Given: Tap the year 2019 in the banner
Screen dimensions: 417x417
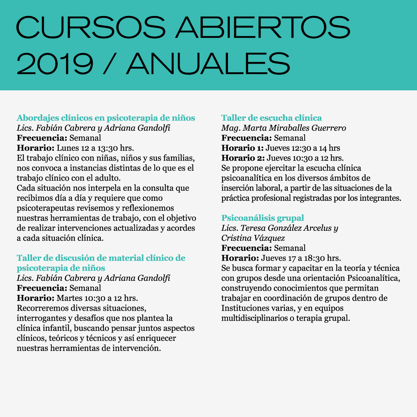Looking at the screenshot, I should pyautogui.click(x=55, y=64).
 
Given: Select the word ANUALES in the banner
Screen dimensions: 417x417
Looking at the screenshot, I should pyautogui.click(x=208, y=64).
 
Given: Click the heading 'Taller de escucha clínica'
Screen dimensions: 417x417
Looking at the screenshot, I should pyautogui.click(x=271, y=118).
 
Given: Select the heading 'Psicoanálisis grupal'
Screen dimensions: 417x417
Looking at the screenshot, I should pyautogui.click(x=262, y=218).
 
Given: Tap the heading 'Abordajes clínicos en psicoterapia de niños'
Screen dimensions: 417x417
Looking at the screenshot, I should pyautogui.click(x=106, y=118).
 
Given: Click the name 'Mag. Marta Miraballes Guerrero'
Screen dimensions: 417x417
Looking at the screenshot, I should pyautogui.click(x=284, y=128).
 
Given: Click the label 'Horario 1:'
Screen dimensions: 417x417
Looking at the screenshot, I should pyautogui.click(x=243, y=148).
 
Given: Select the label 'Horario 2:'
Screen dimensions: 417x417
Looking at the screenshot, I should pyautogui.click(x=243, y=158).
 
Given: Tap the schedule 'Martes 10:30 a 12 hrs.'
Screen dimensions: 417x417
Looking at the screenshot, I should pyautogui.click(x=97, y=298).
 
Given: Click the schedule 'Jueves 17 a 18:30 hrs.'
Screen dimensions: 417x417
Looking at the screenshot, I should pyautogui.click(x=301, y=258).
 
